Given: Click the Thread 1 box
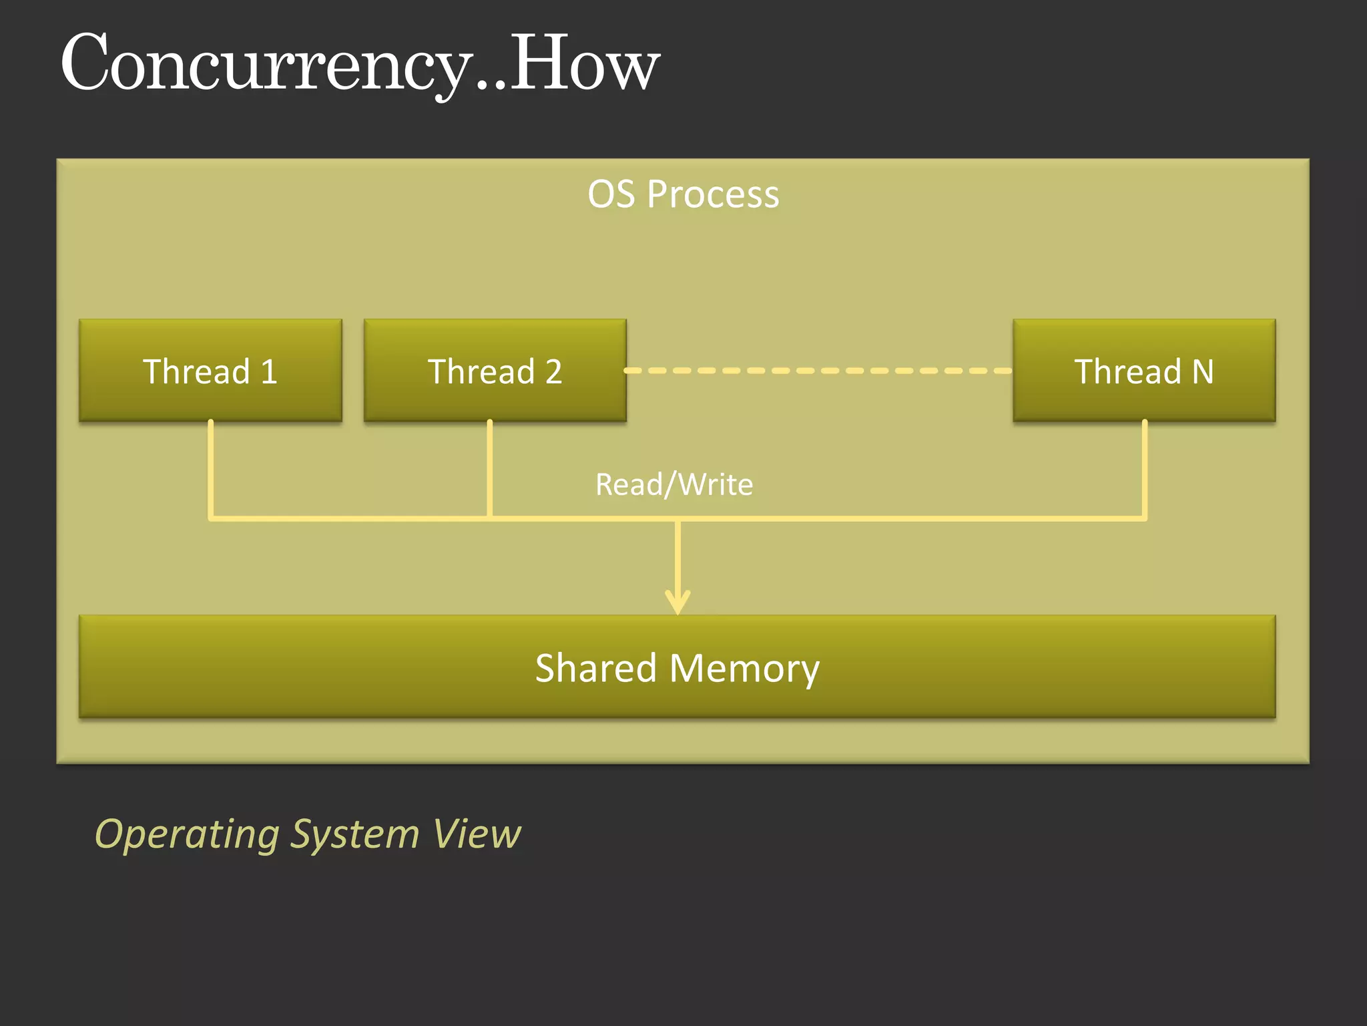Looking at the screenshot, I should [210, 371].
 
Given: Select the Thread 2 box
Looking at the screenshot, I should [495, 371].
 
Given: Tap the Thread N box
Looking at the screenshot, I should [1144, 371].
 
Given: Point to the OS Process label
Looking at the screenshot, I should [683, 194].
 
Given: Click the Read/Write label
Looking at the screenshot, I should [674, 484].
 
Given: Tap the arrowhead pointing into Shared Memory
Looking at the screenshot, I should [677, 602].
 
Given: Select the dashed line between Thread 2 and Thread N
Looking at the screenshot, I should [818, 370].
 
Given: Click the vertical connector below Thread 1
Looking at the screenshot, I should [211, 468].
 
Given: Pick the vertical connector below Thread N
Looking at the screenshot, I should [1144, 468].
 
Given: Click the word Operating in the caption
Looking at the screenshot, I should [187, 835].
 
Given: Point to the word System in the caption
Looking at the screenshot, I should [355, 835].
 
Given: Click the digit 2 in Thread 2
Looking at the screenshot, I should [553, 371].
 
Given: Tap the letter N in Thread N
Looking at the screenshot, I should [1202, 371].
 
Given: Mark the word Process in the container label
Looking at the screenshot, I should [713, 195].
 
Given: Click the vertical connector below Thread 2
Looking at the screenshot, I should [490, 468].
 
